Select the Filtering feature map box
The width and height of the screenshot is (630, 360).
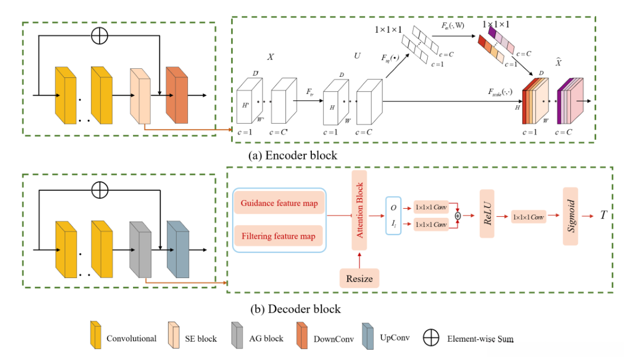pos(279,236)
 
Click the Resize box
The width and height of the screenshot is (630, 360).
pos(359,279)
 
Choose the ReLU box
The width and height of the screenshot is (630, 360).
pos(488,218)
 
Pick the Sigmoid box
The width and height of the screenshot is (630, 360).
pos(570,217)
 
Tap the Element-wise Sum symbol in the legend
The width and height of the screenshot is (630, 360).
pos(431,338)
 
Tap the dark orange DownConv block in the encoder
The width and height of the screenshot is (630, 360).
pos(177,95)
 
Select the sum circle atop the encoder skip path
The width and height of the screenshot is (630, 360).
pos(100,36)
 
